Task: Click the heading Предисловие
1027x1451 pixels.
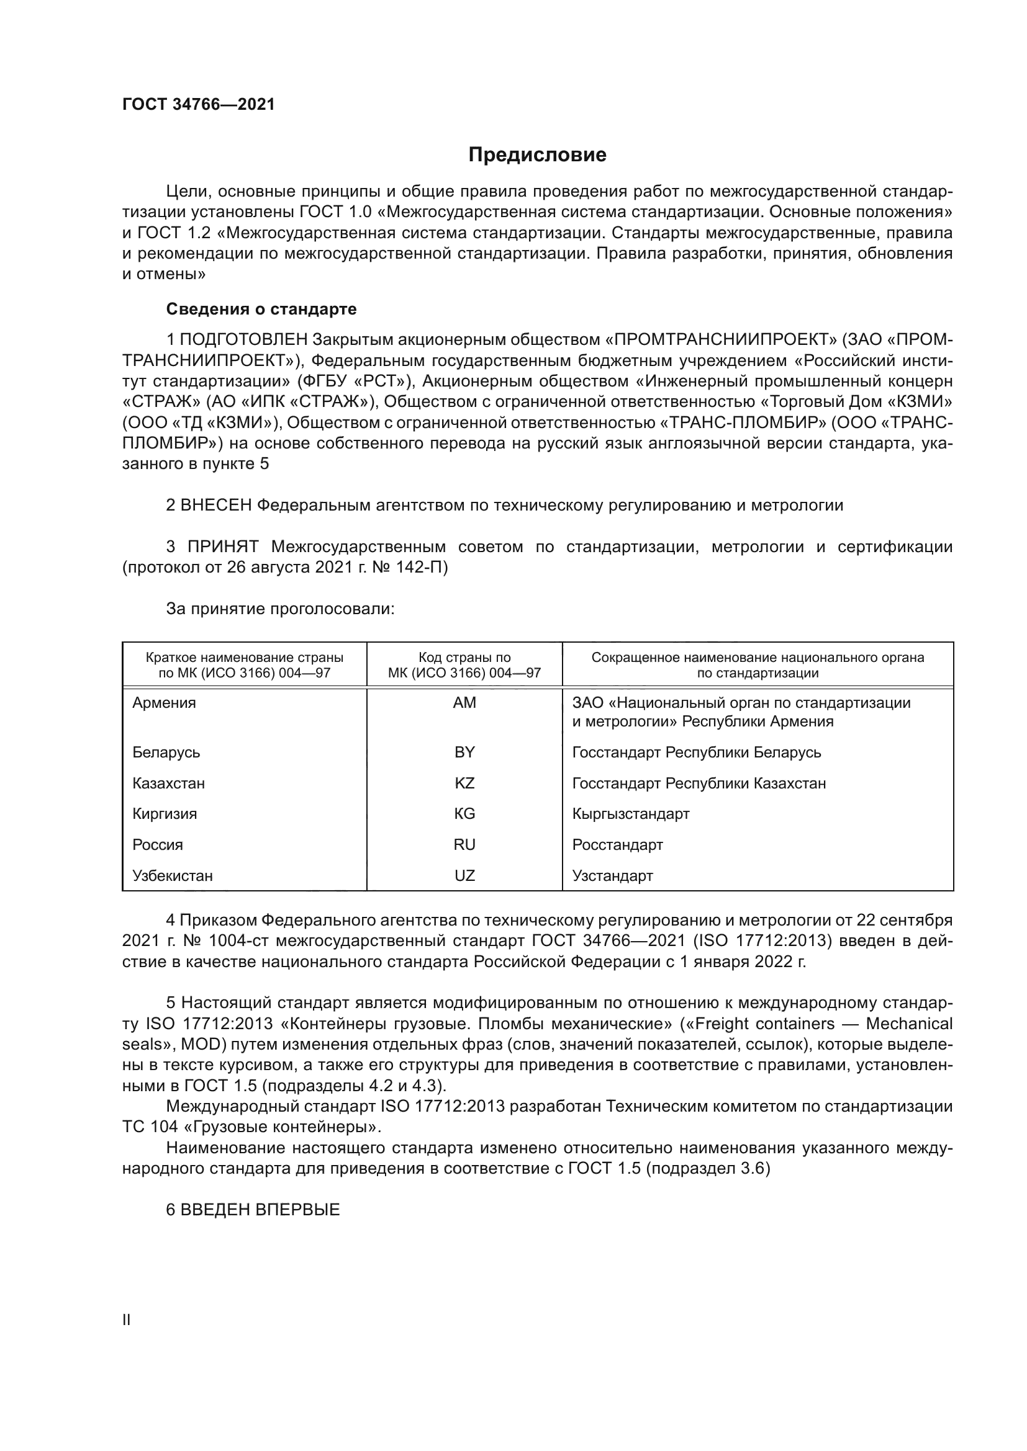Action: [x=537, y=155]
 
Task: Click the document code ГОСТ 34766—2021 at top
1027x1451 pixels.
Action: [x=199, y=105]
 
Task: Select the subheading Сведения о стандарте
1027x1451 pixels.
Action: [x=261, y=309]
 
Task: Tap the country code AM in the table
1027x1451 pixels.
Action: [x=464, y=703]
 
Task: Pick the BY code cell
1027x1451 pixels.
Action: [x=464, y=752]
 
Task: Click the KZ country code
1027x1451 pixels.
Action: [x=464, y=783]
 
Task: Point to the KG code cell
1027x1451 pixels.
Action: [x=464, y=814]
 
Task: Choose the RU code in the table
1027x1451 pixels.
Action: [x=464, y=845]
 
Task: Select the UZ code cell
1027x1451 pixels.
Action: [x=464, y=876]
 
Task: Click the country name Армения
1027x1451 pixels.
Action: [x=165, y=703]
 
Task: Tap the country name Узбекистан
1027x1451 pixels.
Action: [x=173, y=876]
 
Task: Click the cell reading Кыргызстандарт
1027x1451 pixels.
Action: [x=630, y=814]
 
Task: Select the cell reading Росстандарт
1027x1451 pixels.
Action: [x=617, y=845]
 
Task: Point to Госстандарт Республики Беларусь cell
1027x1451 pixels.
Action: [x=696, y=752]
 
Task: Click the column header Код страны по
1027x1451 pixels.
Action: [x=464, y=657]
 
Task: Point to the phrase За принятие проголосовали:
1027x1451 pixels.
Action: [x=280, y=609]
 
